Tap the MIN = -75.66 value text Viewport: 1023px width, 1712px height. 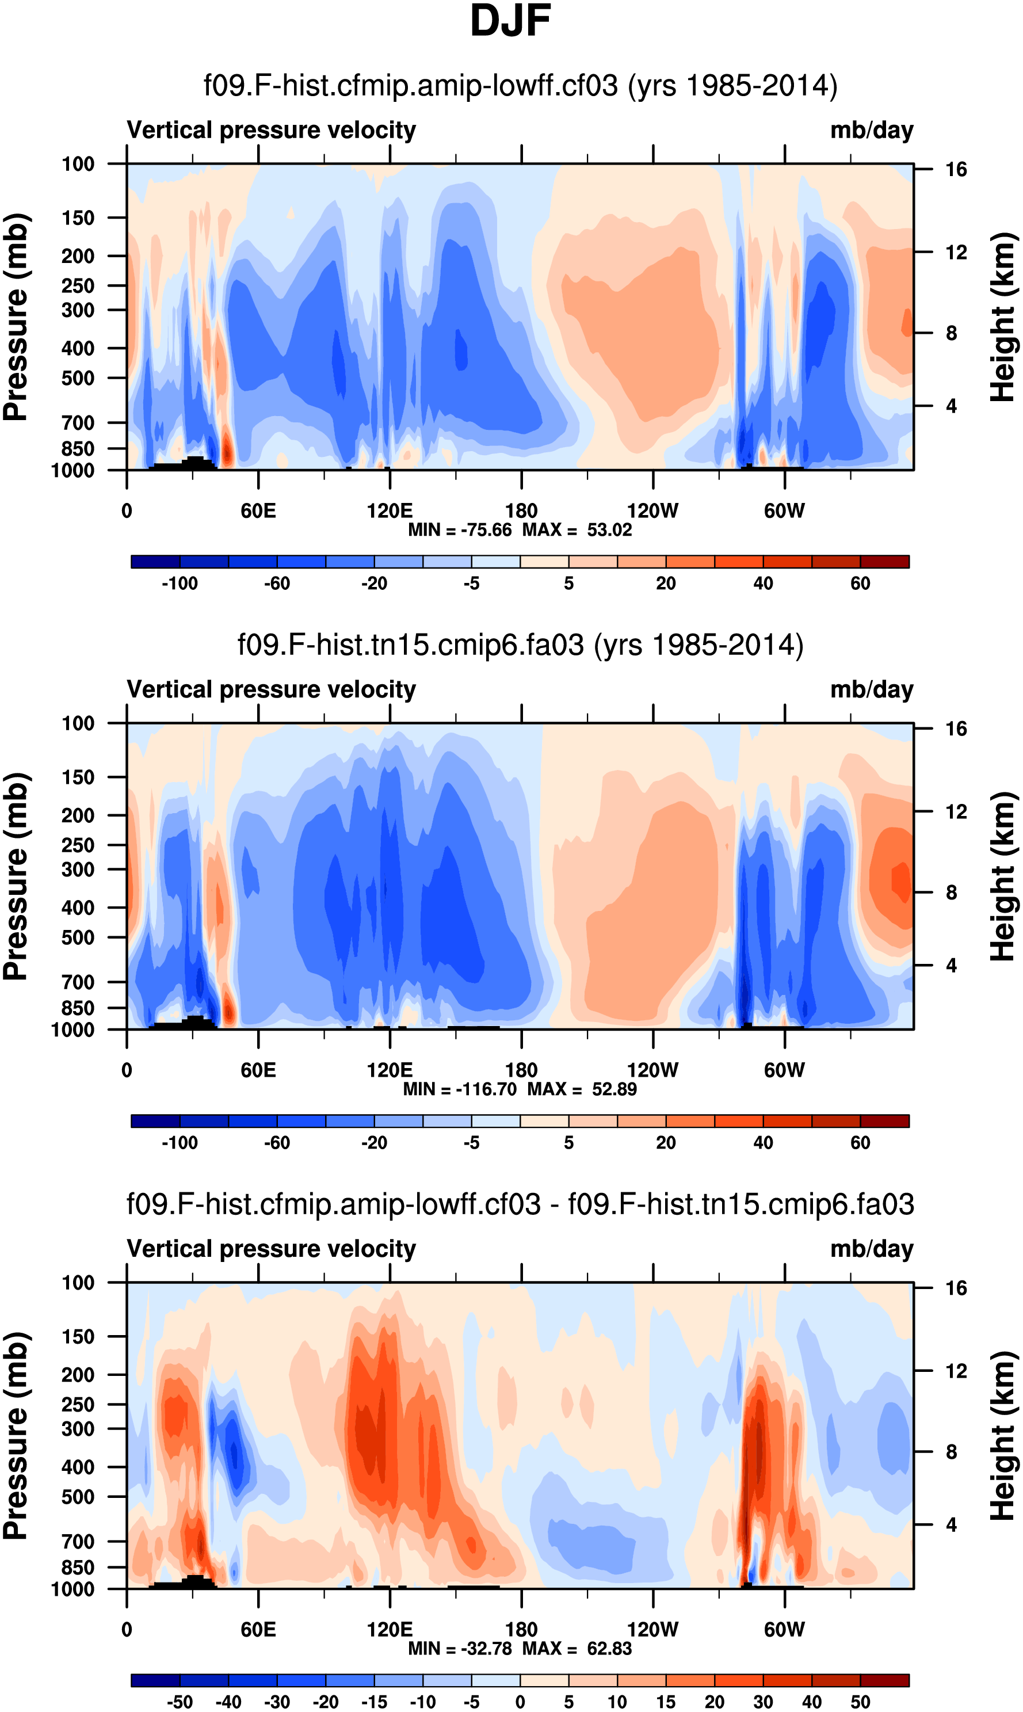(460, 529)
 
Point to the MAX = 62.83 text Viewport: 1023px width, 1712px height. (577, 1648)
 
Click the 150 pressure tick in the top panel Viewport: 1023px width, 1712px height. (78, 218)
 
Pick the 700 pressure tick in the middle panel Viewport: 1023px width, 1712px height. (78, 982)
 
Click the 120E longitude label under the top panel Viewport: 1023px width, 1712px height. (390, 511)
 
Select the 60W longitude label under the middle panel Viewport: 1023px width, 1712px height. (784, 1070)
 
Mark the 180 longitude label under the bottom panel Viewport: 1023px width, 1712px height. (521, 1629)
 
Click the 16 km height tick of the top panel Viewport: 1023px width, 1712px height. (956, 170)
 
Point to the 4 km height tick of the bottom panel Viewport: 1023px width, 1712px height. (951, 1525)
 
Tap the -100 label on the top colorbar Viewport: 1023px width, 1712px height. (180, 584)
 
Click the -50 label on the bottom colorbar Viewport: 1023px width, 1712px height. (180, 1702)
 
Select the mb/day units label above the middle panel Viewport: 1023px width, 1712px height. (871, 689)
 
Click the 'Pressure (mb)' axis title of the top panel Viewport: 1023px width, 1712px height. (15, 317)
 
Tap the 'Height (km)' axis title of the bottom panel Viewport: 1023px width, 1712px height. (1003, 1436)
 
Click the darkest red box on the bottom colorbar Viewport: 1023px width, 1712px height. (884, 1680)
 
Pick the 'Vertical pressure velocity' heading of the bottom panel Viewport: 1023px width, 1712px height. (272, 1249)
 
